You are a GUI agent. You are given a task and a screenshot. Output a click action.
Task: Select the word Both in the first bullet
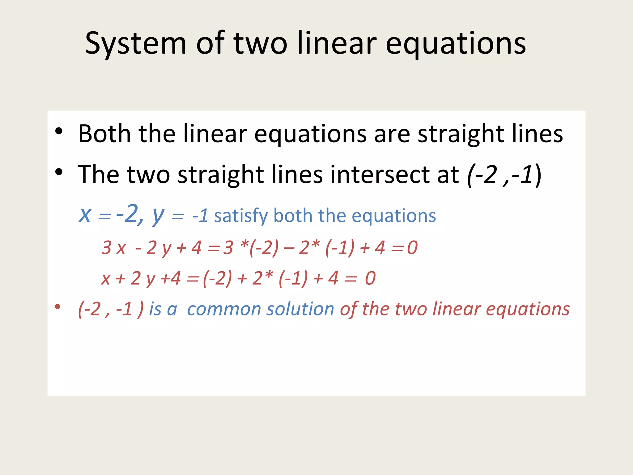point(104,134)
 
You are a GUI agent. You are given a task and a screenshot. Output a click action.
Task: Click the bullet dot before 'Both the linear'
point(59,131)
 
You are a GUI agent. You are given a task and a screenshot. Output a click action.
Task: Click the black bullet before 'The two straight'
point(59,172)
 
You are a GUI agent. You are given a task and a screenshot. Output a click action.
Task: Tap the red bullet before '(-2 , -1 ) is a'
point(57,307)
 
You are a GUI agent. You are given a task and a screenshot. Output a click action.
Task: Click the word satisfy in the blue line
point(241,216)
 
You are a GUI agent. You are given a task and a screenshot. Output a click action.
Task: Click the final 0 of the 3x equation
point(412,248)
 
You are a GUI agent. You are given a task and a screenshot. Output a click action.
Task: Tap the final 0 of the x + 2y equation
point(370,278)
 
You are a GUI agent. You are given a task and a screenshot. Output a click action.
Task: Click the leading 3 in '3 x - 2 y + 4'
point(107,248)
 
